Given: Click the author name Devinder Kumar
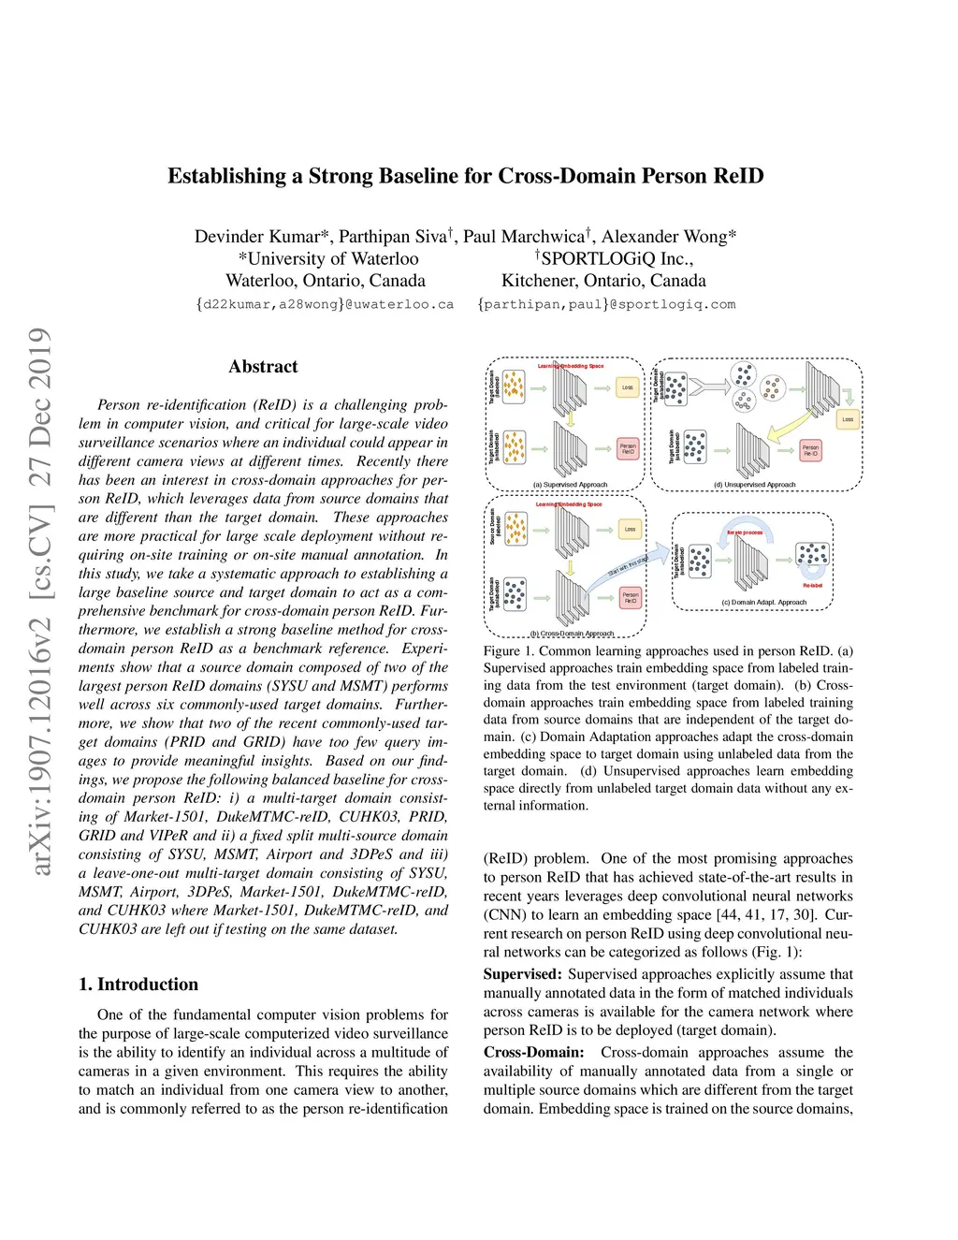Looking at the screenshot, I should pyautogui.click(x=262, y=236).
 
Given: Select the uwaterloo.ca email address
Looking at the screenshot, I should pyautogui.click(x=325, y=304).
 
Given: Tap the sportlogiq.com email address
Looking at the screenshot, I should pyautogui.click(x=606, y=304).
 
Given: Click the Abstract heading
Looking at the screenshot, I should pyautogui.click(x=263, y=367).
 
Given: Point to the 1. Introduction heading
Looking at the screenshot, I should pyautogui.click(x=138, y=984).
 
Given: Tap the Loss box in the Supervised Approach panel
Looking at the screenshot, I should pyautogui.click(x=628, y=387).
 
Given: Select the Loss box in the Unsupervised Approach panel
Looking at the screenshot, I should pyautogui.click(x=847, y=419).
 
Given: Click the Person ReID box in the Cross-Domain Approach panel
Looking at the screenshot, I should pyautogui.click(x=631, y=596).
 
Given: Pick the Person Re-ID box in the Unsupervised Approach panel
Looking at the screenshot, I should pyautogui.click(x=810, y=450).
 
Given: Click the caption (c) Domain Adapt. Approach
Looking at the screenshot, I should pyautogui.click(x=763, y=603).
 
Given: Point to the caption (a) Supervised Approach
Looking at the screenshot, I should pyautogui.click(x=570, y=485).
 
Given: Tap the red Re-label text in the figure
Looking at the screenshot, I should pyautogui.click(x=812, y=586).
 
